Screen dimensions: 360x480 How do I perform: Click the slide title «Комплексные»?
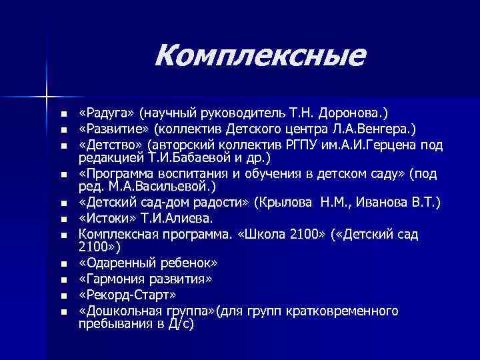coord(260,55)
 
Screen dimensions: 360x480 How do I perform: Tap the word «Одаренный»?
coord(117,263)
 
